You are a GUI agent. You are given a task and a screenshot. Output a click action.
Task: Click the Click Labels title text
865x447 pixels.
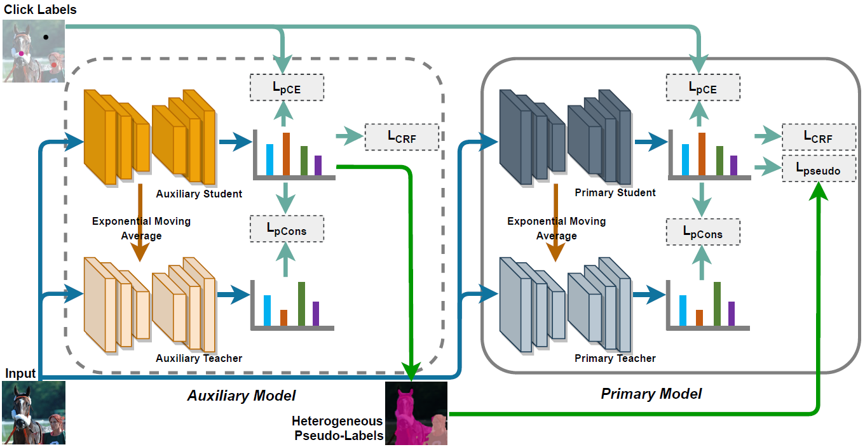tap(39, 9)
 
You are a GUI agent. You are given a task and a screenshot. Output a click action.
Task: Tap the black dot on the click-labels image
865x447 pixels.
tap(46, 37)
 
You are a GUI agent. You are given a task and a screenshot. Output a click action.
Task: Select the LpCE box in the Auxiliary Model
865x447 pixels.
tap(287, 88)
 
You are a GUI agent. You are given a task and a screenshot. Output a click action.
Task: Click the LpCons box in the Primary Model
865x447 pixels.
tap(702, 232)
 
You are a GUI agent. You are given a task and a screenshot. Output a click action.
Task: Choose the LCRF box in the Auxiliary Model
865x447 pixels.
tap(402, 137)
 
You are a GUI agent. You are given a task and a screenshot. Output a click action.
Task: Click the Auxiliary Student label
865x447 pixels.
tap(199, 194)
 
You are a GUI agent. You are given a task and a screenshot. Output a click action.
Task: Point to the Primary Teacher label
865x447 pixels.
tap(615, 358)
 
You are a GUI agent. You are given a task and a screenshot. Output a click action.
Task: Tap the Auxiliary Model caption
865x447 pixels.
tap(242, 396)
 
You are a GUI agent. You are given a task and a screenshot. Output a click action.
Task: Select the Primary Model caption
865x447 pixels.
tap(651, 394)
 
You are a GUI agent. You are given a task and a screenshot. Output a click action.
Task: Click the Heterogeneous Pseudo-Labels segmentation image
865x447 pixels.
tap(416, 413)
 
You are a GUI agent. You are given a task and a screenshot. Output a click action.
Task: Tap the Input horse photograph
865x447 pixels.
tap(34, 412)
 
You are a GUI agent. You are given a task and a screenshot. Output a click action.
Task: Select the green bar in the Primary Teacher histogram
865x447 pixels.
tap(717, 303)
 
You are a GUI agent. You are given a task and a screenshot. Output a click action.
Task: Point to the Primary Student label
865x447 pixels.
tap(615, 192)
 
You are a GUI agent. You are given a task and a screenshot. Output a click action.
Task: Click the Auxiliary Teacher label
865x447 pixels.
tap(199, 358)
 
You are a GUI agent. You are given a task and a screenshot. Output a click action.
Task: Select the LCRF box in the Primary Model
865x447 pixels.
tap(817, 137)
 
